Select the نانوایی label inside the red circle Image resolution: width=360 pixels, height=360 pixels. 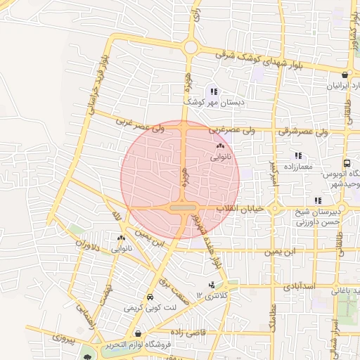point(220,158)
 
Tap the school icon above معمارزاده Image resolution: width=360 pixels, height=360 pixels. point(299,155)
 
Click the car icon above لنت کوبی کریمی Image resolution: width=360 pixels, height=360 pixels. point(150,297)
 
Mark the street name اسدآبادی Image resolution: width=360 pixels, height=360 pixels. point(300,288)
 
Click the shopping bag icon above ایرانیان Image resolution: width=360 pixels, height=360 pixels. point(345,75)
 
